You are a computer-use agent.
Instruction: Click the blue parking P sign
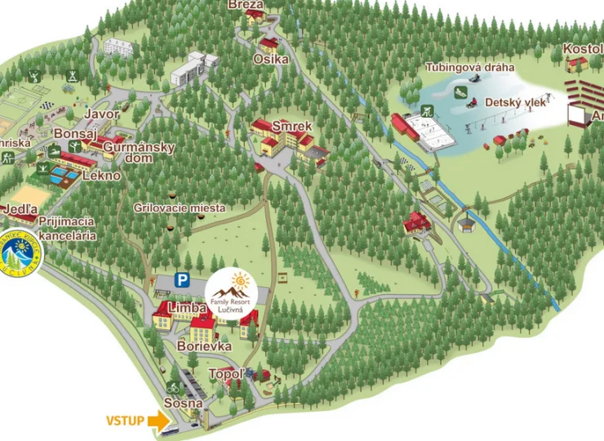click(183, 281)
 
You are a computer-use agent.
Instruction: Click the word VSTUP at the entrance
click(125, 421)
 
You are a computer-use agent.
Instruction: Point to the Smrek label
click(292, 127)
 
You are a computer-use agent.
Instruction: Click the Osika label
click(271, 60)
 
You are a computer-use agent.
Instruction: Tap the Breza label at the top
click(246, 4)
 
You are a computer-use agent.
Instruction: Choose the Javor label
click(102, 114)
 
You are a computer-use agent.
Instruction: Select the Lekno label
click(102, 176)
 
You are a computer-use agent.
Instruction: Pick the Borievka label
click(204, 346)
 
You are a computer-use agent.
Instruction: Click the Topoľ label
click(227, 374)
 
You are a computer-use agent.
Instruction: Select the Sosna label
click(183, 403)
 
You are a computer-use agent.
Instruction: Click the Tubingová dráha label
click(470, 68)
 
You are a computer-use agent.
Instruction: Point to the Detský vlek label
click(514, 102)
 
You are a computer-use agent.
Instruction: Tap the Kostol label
click(583, 49)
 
